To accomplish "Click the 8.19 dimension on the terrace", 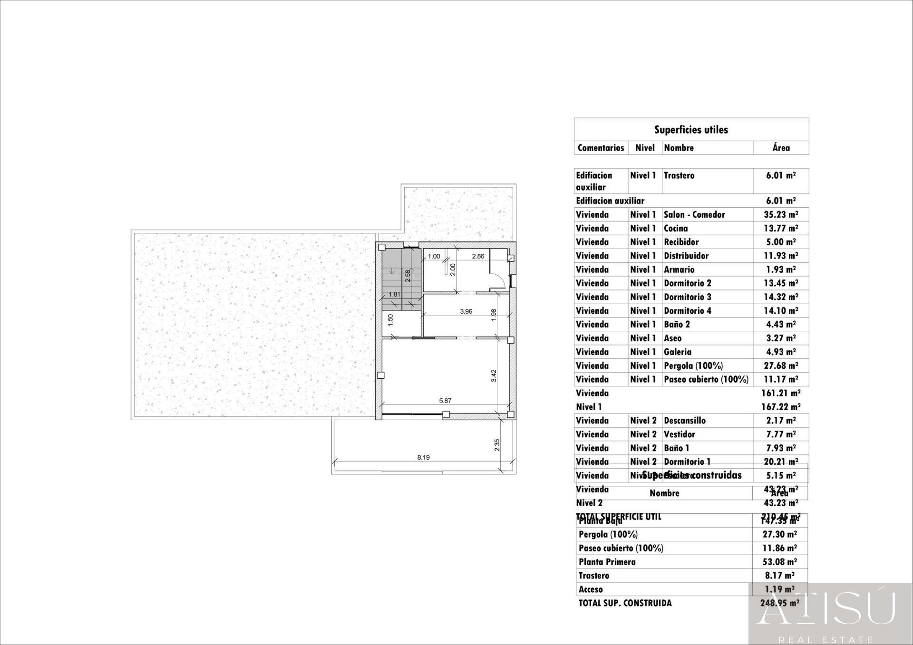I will click(423, 457).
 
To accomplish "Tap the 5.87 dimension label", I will click(445, 401).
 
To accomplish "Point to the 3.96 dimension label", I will click(466, 311).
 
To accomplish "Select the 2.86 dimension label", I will click(478, 256).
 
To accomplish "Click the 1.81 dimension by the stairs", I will click(394, 294).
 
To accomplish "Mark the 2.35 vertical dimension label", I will click(497, 445).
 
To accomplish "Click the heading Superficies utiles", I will click(691, 130).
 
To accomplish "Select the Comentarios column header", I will click(601, 148).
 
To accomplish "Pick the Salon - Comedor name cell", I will click(694, 214).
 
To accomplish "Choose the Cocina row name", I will click(676, 228).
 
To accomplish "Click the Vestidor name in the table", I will click(680, 434).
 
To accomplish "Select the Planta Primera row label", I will click(607, 562).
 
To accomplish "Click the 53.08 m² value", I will click(779, 562).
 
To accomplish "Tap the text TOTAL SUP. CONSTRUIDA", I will click(625, 603).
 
